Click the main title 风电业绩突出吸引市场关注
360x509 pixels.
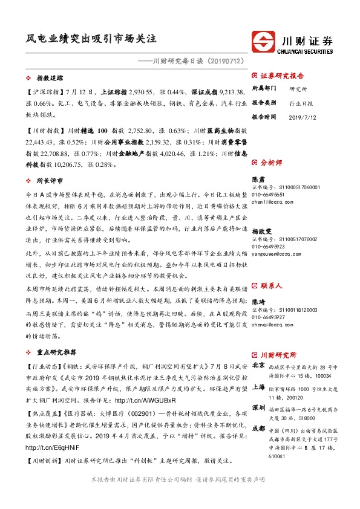pyautogui.click(x=91, y=38)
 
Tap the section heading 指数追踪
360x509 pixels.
pyautogui.click(x=50, y=79)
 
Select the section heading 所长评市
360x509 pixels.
pyautogui.click(x=50, y=181)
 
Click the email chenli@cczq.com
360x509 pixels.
pyautogui.click(x=270, y=204)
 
